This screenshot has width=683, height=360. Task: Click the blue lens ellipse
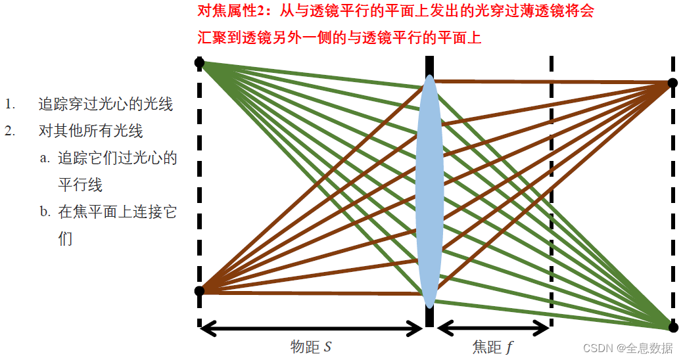pyautogui.click(x=429, y=191)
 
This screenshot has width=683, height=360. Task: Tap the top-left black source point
pyautogui.click(x=200, y=63)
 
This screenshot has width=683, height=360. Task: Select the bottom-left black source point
pyautogui.click(x=200, y=291)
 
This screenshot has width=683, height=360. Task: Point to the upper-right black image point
pyautogui.click(x=672, y=83)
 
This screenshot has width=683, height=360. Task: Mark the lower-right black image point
pyautogui.click(x=672, y=326)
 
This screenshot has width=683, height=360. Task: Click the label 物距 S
pyautogui.click(x=311, y=347)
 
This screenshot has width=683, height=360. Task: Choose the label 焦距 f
pyautogui.click(x=493, y=347)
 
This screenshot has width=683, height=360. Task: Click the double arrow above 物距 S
pyautogui.click(x=311, y=326)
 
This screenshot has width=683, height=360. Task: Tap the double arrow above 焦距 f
pyautogui.click(x=493, y=326)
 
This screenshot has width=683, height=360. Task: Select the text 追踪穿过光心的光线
pyautogui.click(x=105, y=104)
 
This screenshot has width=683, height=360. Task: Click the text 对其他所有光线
pyautogui.click(x=91, y=130)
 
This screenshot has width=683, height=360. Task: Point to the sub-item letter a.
pyautogui.click(x=44, y=158)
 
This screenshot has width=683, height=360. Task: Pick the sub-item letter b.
pyautogui.click(x=44, y=212)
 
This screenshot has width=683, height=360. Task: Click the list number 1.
pyautogui.click(x=9, y=104)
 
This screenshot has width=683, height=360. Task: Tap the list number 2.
pyautogui.click(x=9, y=130)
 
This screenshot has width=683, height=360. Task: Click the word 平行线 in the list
pyautogui.click(x=80, y=185)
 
